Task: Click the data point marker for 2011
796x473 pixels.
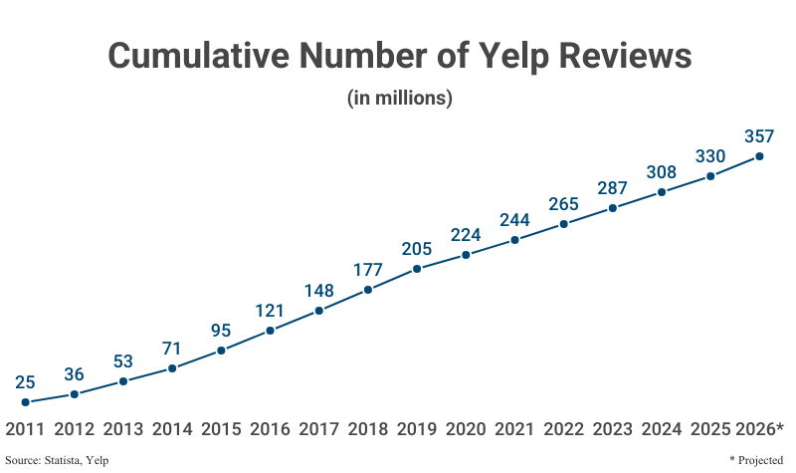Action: tap(25, 402)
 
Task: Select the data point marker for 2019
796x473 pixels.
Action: tap(417, 269)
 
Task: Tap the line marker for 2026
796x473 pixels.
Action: tap(759, 155)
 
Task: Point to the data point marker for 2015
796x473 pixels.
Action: tap(221, 351)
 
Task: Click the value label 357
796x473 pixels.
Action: tap(759, 135)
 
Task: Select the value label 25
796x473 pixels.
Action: tap(25, 382)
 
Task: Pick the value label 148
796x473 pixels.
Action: tap(318, 291)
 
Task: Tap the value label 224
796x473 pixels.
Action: tap(466, 235)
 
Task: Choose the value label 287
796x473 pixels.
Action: tap(613, 188)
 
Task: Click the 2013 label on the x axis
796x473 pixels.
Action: tap(123, 429)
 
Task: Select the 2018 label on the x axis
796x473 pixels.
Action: tap(368, 429)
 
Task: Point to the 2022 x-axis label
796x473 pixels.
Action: tap(564, 429)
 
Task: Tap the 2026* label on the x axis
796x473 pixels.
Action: tap(760, 429)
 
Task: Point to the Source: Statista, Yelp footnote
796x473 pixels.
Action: tap(57, 460)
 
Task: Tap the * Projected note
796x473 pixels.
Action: tap(756, 460)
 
